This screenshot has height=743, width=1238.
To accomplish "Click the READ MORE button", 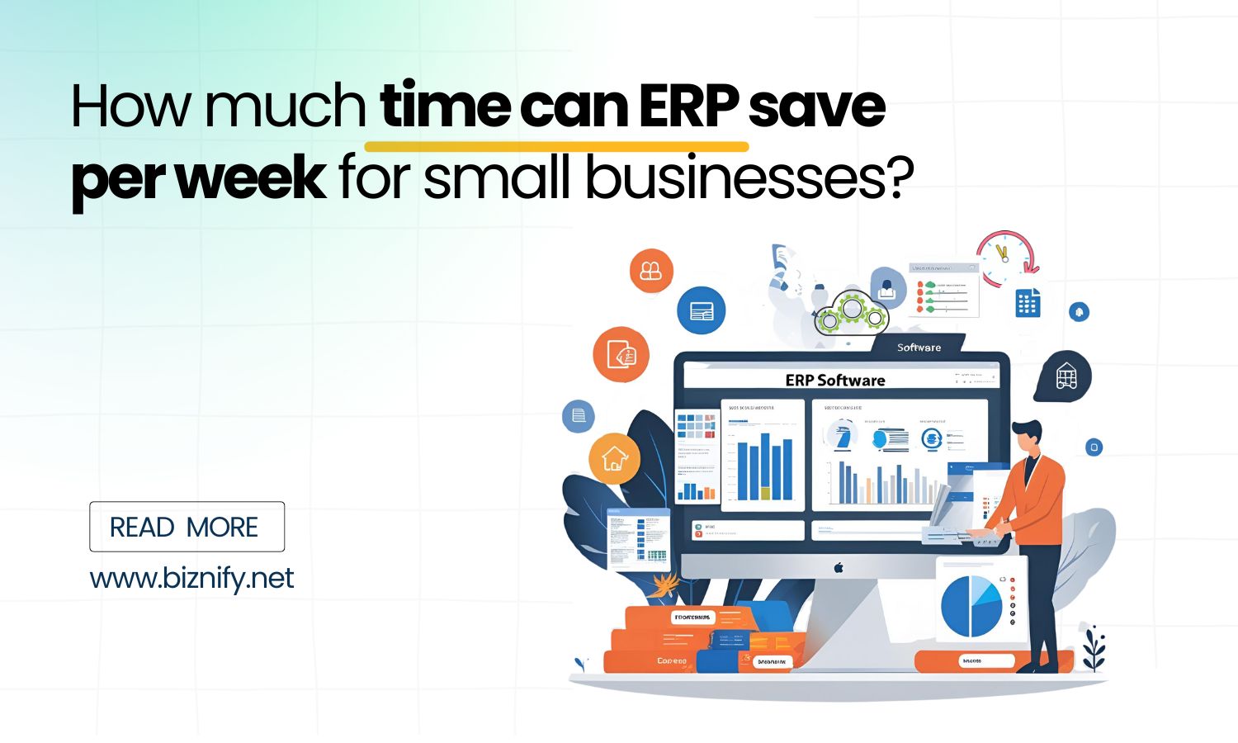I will pyautogui.click(x=187, y=527).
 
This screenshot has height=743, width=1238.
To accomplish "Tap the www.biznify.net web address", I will pyautogui.click(x=191, y=578).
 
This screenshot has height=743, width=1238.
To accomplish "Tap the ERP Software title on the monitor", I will pyautogui.click(x=834, y=380).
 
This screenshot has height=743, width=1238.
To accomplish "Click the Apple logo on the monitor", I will pyautogui.click(x=839, y=567).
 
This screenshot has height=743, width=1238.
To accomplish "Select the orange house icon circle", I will pyautogui.click(x=614, y=458).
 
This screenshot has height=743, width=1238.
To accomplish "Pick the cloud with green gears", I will pyautogui.click(x=849, y=311).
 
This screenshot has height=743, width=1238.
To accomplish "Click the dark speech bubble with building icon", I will pyautogui.click(x=1066, y=376).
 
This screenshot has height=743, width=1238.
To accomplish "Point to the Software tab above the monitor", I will pyautogui.click(x=919, y=347).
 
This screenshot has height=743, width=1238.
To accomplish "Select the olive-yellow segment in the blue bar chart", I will pyautogui.click(x=764, y=492).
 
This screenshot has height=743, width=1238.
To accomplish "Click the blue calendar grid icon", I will pyautogui.click(x=1027, y=303).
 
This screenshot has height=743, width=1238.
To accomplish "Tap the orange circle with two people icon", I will pyautogui.click(x=651, y=270).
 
